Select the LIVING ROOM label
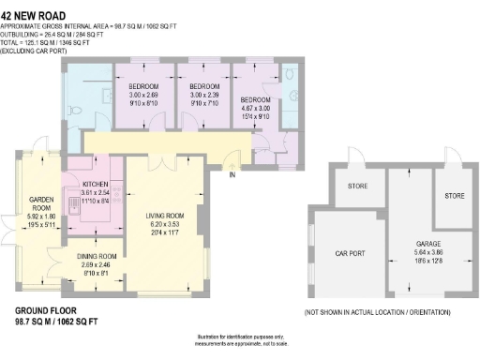coord(164,216)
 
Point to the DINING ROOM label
coord(97,256)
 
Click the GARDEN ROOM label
coord(40,200)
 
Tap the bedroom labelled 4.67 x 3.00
coord(255,99)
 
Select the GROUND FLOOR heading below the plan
coord(46,310)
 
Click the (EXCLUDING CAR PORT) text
coord(35,49)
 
